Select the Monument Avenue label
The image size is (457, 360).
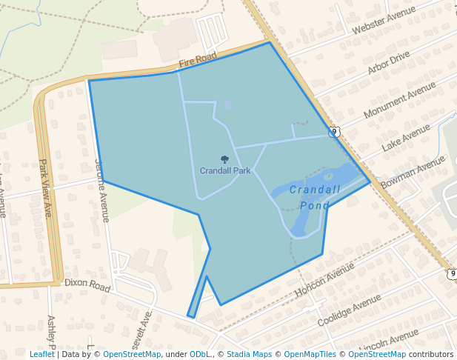click(x=401, y=100)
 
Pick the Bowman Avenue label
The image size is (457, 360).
click(x=413, y=172)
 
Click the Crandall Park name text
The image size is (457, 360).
click(x=225, y=170)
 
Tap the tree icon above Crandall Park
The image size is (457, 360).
click(x=224, y=159)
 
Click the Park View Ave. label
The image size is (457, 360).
click(x=47, y=188)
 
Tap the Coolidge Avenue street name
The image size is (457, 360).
click(x=349, y=310)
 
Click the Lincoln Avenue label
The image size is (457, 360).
click(x=383, y=344)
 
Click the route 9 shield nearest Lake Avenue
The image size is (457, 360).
click(x=335, y=132)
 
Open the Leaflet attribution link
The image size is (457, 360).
click(x=41, y=355)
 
